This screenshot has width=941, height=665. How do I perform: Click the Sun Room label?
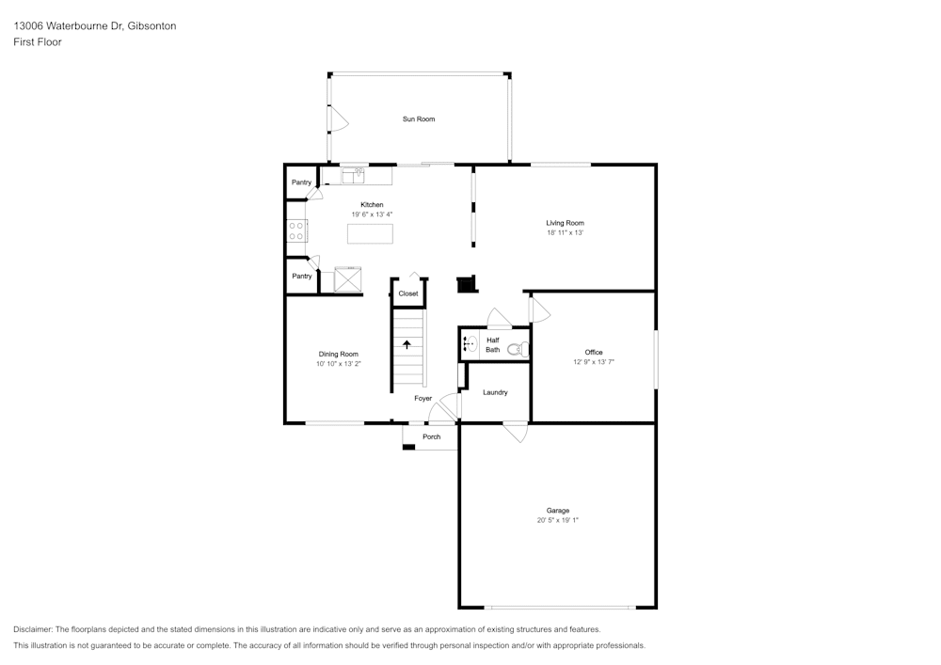(419, 119)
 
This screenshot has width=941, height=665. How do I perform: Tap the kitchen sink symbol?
(353, 174)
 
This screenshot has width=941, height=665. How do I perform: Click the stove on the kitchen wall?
(297, 230)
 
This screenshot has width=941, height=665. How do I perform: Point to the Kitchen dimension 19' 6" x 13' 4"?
(372, 214)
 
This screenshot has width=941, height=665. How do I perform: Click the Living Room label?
(565, 223)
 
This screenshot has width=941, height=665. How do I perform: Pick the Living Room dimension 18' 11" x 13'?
(565, 232)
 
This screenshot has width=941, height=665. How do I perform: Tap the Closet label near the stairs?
(408, 293)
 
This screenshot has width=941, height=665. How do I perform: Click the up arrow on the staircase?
(407, 344)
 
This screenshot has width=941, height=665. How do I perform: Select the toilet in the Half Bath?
(516, 349)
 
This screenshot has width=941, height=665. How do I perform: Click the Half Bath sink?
(469, 344)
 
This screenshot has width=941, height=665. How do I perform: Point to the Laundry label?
(495, 392)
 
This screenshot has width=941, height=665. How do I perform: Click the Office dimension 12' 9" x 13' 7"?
(594, 362)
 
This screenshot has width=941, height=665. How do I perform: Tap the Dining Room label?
(338, 354)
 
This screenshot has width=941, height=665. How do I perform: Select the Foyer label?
(423, 399)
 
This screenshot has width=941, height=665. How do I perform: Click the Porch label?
(431, 437)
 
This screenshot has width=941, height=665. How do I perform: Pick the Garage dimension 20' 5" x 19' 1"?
(558, 520)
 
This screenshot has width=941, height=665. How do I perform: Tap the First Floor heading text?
(38, 42)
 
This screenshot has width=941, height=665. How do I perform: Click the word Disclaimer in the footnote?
(33, 629)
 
